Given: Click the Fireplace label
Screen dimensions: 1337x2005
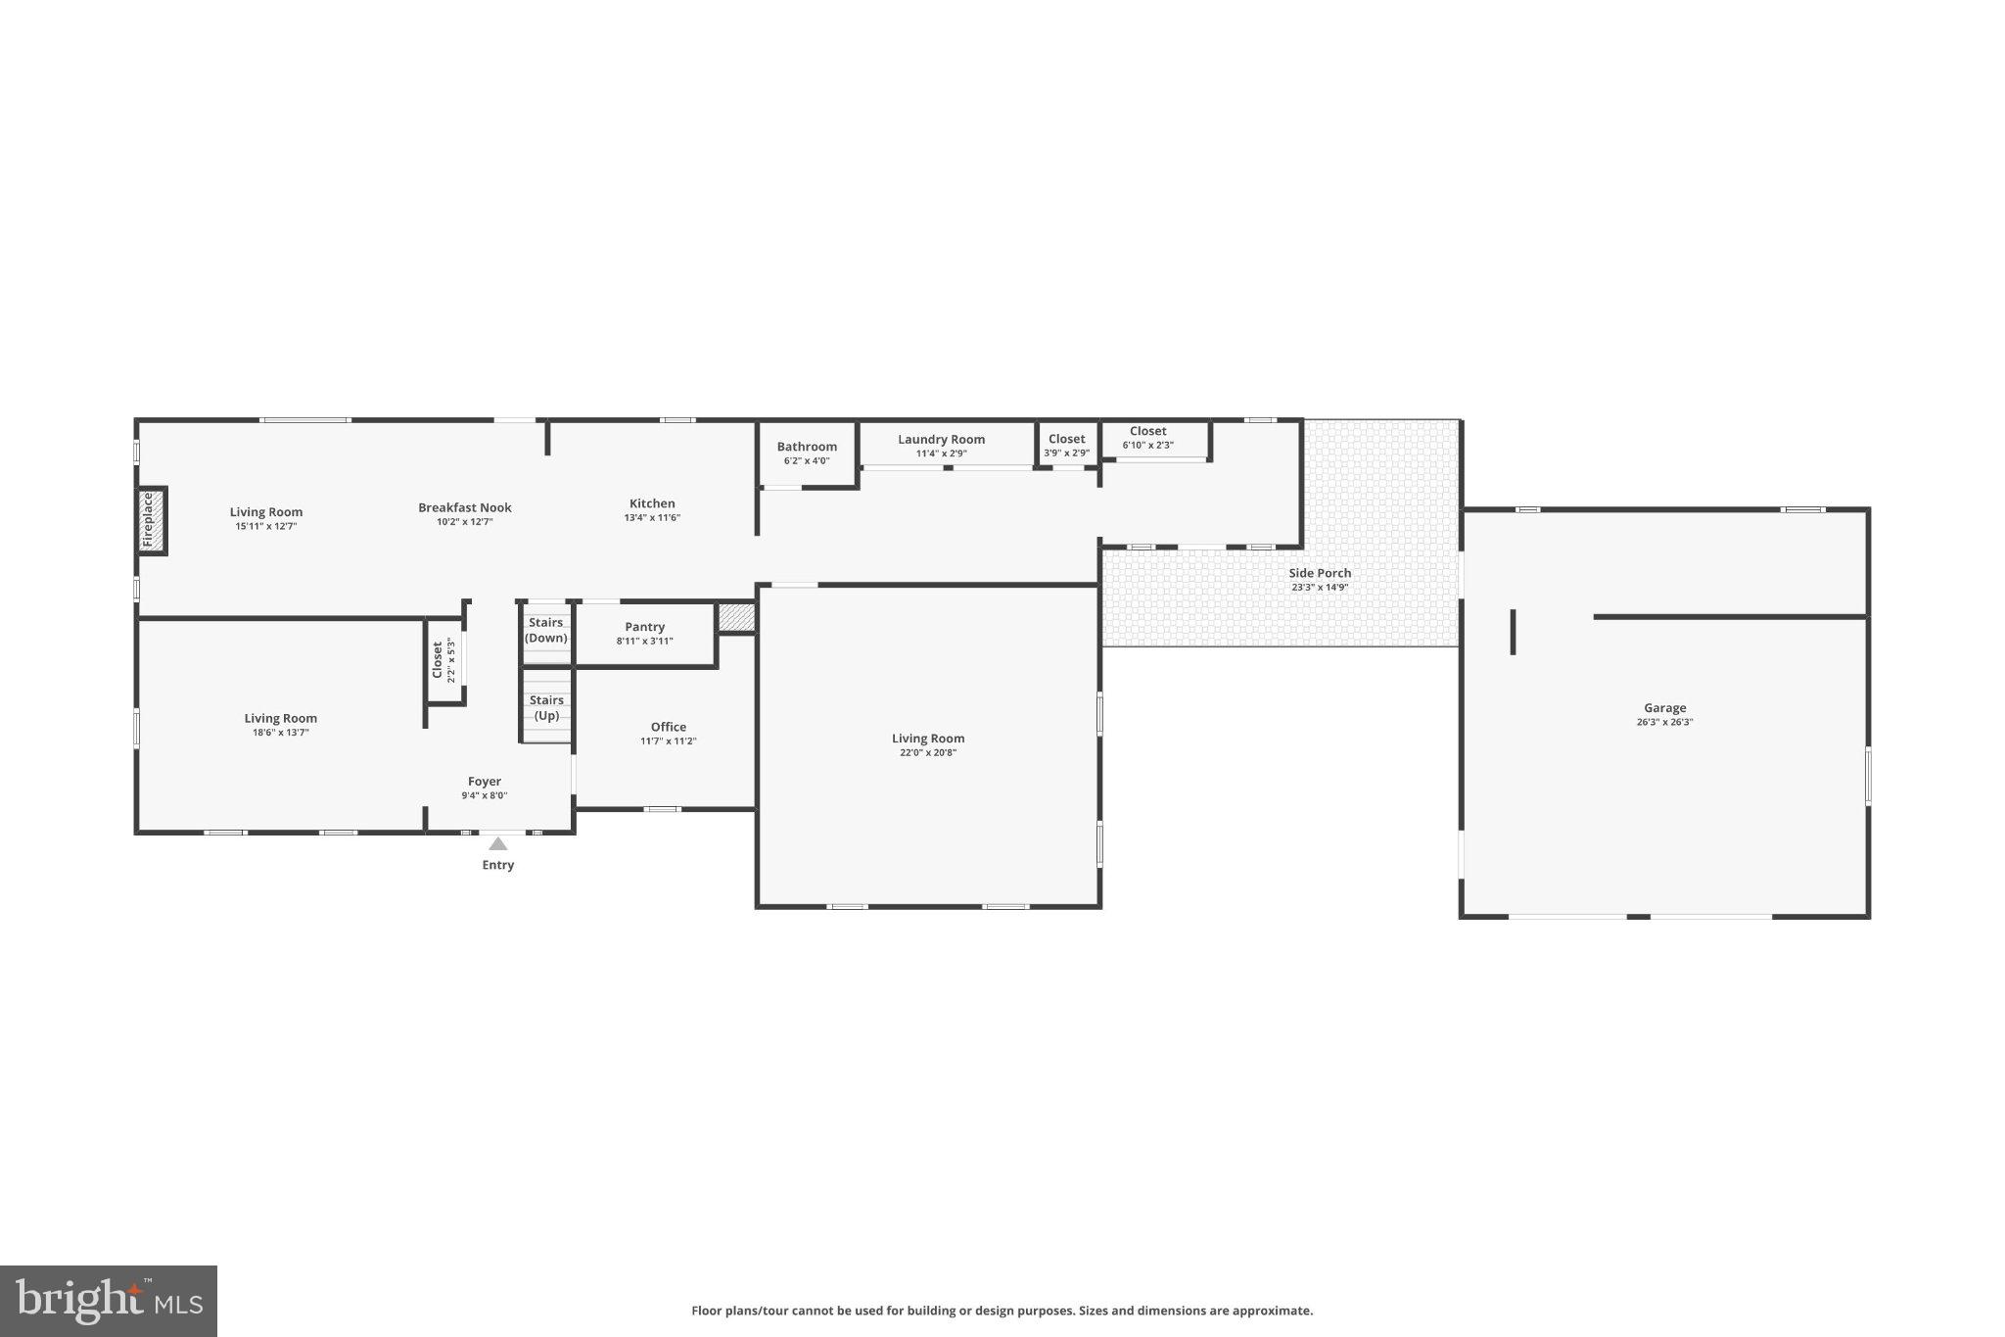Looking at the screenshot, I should pyautogui.click(x=149, y=520).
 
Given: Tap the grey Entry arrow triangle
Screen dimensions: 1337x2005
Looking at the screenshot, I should pyautogui.click(x=498, y=844).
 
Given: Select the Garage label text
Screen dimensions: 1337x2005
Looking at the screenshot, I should pyautogui.click(x=1664, y=708).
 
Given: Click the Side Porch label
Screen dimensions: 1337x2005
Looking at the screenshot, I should pyautogui.click(x=1319, y=573).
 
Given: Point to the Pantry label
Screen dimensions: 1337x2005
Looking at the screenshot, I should pyautogui.click(x=644, y=627).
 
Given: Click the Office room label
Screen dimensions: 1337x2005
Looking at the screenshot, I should pyautogui.click(x=668, y=727).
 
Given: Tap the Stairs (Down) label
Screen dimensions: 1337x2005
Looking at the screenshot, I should pyautogui.click(x=545, y=630).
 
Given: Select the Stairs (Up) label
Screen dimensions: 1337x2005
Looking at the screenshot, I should pyautogui.click(x=545, y=707).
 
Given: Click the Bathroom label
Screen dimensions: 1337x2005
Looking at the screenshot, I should pyautogui.click(x=807, y=447).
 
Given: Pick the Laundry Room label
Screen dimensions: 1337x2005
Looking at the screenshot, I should pyautogui.click(x=941, y=440).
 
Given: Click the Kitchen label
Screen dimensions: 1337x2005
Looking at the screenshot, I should pyautogui.click(x=652, y=503).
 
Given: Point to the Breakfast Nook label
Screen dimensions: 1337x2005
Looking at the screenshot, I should pyautogui.click(x=464, y=507).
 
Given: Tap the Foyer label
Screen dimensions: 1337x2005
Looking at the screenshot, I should pyautogui.click(x=484, y=782).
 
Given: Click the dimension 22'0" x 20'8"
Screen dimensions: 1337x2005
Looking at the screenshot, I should pyautogui.click(x=927, y=753).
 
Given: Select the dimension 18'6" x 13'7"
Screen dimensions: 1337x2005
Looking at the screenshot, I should pyautogui.click(x=280, y=733).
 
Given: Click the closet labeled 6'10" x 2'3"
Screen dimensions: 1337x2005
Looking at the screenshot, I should pyautogui.click(x=1147, y=437).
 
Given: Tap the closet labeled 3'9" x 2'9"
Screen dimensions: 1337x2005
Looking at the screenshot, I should pyautogui.click(x=1066, y=446).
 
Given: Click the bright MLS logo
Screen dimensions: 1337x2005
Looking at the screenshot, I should pyautogui.click(x=109, y=1301).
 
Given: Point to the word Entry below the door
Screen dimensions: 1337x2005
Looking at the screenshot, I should pyautogui.click(x=497, y=865).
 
